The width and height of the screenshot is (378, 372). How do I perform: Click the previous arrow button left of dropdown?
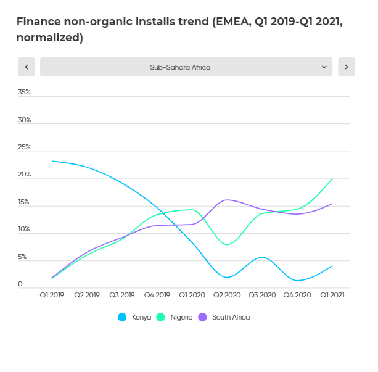(26, 67)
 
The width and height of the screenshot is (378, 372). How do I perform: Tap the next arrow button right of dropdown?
(347, 67)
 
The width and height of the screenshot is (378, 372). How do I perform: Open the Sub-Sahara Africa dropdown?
(186, 67)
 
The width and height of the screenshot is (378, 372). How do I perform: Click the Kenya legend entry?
(137, 317)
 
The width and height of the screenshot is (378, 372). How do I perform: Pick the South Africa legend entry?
(225, 317)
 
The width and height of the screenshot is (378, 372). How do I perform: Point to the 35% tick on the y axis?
(24, 93)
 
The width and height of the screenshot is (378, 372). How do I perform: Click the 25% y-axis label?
(24, 147)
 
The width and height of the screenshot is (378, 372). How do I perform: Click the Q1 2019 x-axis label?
(52, 295)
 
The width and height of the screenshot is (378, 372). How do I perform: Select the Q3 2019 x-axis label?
(122, 295)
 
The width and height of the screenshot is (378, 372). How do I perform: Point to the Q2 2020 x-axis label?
(228, 295)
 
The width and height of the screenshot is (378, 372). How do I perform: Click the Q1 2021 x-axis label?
(332, 295)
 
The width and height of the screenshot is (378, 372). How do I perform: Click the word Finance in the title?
(39, 22)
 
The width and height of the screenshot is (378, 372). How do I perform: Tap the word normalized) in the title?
(49, 38)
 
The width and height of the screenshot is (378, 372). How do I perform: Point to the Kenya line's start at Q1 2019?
(52, 161)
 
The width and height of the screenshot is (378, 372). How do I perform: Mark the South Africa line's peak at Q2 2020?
(228, 200)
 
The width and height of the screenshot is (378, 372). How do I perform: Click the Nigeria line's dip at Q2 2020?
(228, 244)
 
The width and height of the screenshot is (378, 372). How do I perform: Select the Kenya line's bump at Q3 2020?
(262, 257)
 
